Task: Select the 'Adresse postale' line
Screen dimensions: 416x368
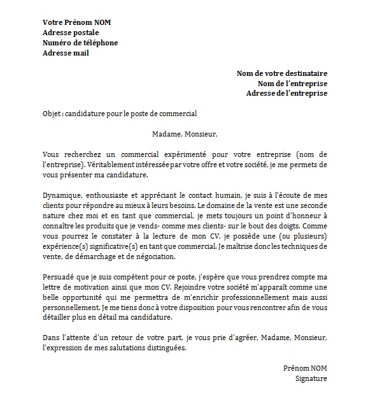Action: [x=70, y=33]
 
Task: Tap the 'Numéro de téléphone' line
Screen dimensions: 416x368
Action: [x=80, y=43]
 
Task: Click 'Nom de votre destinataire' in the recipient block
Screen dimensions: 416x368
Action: [x=281, y=73]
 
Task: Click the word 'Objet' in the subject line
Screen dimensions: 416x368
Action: [x=52, y=114]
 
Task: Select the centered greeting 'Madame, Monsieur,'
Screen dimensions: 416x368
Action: [x=185, y=135]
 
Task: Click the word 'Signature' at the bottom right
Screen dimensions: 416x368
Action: [x=311, y=379]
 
